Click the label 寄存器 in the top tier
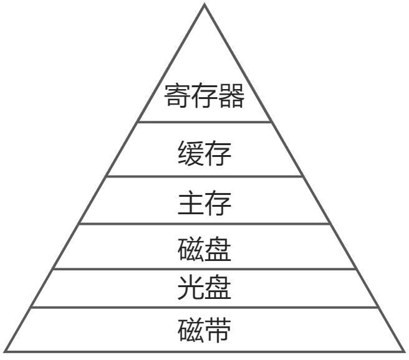(205, 97)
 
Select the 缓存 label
(205, 153)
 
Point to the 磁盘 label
(205, 249)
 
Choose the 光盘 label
(205, 288)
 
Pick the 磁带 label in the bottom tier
(205, 330)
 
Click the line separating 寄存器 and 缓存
(205, 122)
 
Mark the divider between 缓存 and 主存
(205, 176)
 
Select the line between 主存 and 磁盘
(205, 224)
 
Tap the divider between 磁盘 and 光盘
(205, 269)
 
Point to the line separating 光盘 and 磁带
(205, 307)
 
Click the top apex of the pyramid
(205, 5)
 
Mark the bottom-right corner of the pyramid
(403, 351)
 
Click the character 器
(231, 97)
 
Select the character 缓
(191, 153)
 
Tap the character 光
(191, 288)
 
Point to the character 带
(218, 330)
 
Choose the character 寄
(178, 97)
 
